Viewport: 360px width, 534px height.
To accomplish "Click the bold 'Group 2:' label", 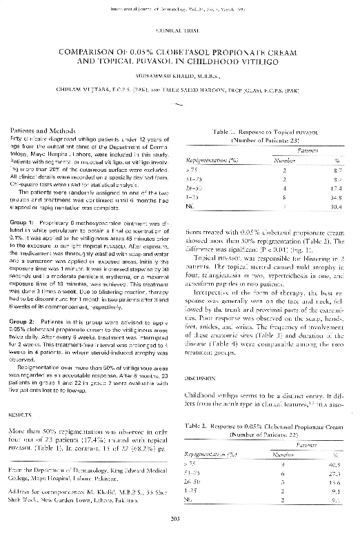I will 24,322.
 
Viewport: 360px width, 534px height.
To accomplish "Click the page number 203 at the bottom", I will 180,519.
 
